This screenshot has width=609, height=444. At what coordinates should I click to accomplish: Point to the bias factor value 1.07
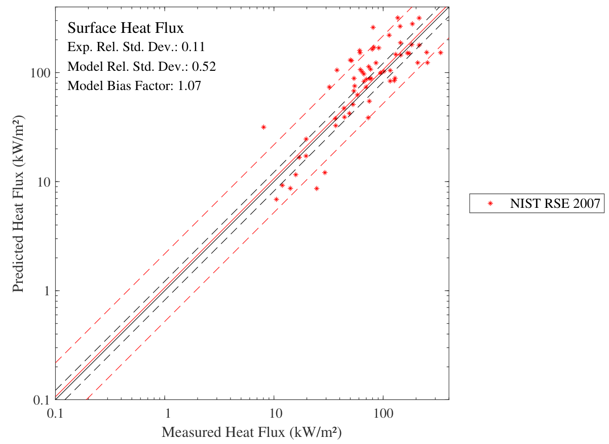coord(190,85)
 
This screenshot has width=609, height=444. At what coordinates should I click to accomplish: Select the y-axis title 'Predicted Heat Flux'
coord(18,203)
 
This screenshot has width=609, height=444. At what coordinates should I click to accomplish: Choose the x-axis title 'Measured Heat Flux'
coord(250,433)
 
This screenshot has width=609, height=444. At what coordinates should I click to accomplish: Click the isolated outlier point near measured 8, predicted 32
coord(263,127)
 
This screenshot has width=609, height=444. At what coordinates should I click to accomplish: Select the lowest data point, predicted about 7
coord(276,199)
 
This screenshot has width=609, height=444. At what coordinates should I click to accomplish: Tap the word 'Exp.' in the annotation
coord(78,47)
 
